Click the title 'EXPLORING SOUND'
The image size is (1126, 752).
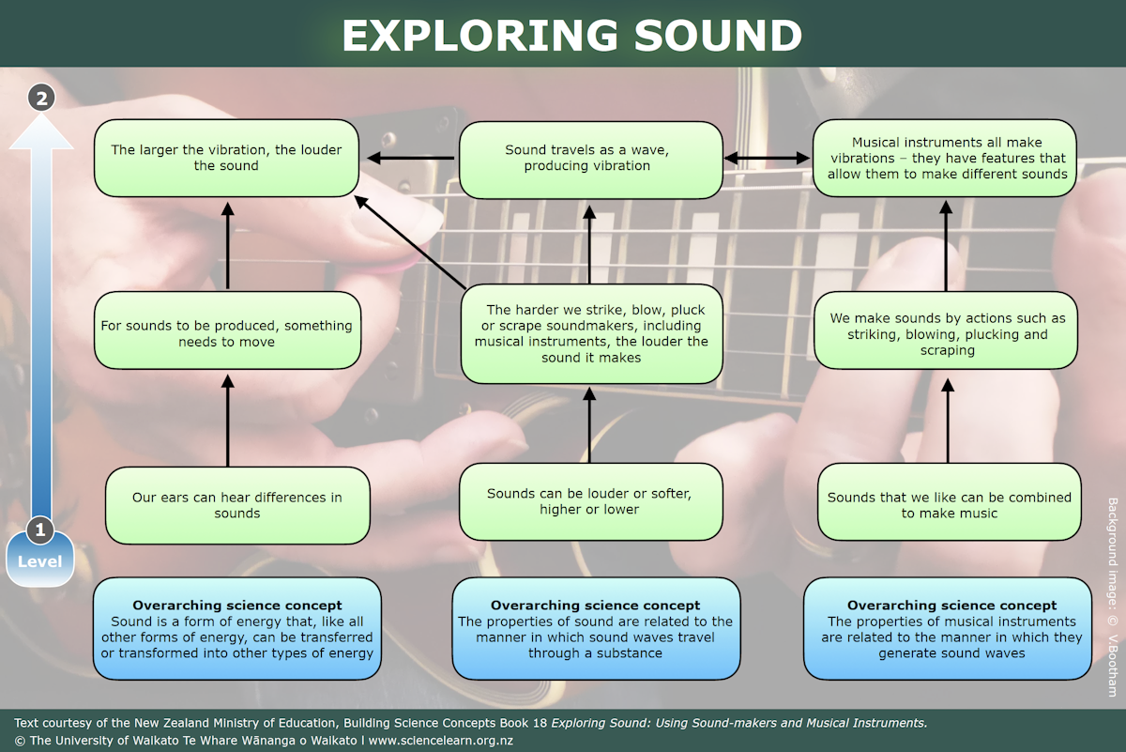[x=571, y=35]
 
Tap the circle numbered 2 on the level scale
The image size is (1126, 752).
[x=41, y=97]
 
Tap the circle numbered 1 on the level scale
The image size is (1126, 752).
[x=39, y=530]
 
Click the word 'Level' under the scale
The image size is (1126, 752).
[x=39, y=561]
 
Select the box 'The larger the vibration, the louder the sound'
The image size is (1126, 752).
[x=226, y=158]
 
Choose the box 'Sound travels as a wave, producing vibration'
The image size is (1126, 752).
[x=590, y=159]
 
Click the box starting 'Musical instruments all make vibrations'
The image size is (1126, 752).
[x=945, y=158]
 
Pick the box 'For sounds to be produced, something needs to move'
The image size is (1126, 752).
[x=227, y=333]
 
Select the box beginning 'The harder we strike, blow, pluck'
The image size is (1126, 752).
[x=591, y=333]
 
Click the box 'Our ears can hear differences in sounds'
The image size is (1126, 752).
[x=236, y=505]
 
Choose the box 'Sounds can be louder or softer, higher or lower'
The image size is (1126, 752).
[x=590, y=501]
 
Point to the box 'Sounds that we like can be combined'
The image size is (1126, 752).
[x=949, y=505]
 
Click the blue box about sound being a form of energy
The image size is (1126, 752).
[x=236, y=629]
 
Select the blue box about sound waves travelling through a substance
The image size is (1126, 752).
[x=596, y=629]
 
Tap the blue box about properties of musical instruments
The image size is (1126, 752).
[x=948, y=629]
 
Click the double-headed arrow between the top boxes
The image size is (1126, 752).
[x=768, y=159]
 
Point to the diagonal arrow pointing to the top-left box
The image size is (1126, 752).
[x=410, y=241]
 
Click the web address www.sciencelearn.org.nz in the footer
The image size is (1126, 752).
[x=440, y=740]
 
